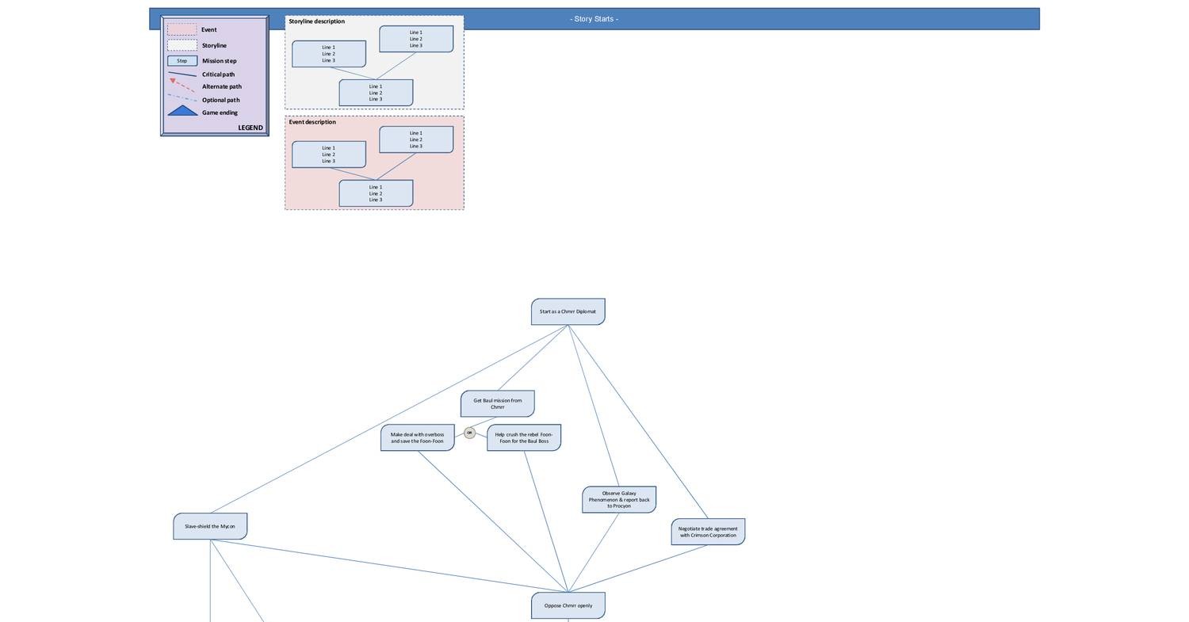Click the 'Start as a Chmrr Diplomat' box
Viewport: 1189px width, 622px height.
pos(568,311)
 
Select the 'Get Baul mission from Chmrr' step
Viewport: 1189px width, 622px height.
pos(497,403)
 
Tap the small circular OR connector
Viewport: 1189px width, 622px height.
pos(469,433)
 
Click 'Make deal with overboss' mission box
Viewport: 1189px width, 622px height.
pos(417,437)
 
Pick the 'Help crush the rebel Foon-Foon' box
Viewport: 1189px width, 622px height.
pos(523,437)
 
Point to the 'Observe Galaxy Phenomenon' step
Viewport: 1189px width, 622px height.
pos(618,499)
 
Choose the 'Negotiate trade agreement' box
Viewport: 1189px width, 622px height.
pos(707,532)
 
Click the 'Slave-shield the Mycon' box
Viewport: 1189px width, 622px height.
pos(210,526)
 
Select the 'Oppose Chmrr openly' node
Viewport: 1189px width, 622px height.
pos(568,605)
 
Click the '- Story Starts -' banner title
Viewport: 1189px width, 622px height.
pos(594,19)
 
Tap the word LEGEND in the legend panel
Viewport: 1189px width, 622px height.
pos(250,128)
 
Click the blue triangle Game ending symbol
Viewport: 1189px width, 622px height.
pos(182,111)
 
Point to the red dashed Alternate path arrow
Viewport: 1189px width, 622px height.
pos(182,85)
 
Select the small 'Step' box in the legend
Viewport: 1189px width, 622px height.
pos(182,61)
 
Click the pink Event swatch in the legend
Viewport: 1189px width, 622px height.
pos(182,29)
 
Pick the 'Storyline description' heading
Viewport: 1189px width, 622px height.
pos(316,21)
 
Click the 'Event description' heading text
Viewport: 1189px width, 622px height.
pos(312,122)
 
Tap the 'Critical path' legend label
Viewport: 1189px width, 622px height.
pos(218,74)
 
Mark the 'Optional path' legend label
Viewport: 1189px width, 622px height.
pos(220,100)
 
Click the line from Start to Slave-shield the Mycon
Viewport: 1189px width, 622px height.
pos(388,419)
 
